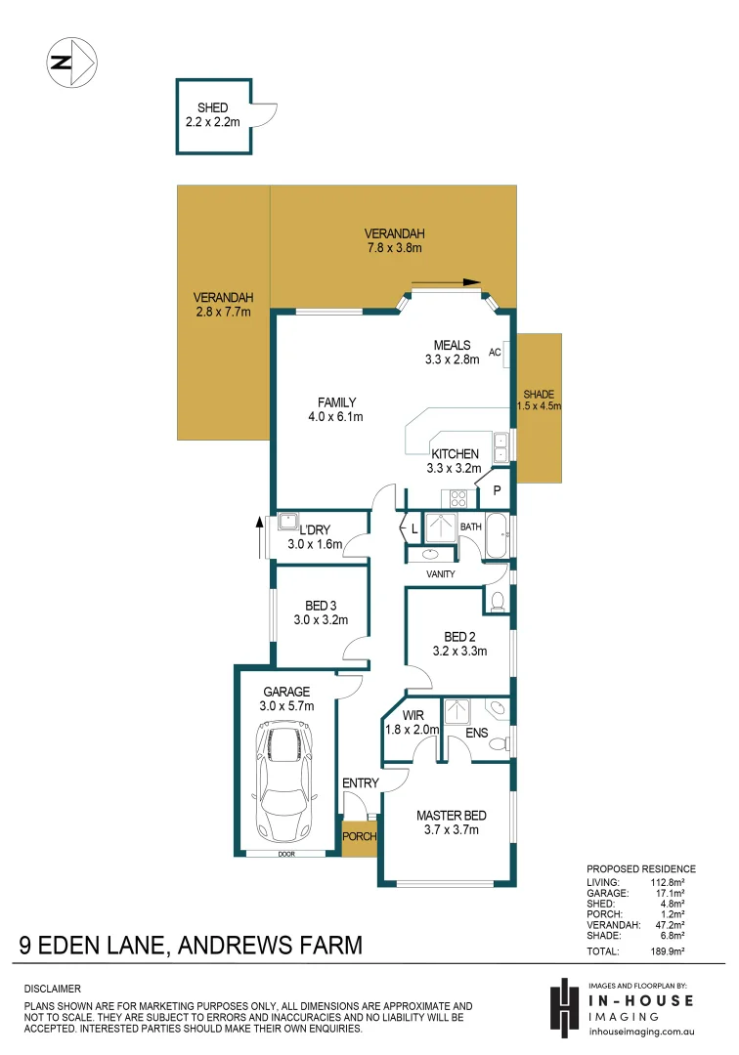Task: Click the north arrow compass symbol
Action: [x=71, y=63]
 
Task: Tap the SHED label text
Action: [x=212, y=108]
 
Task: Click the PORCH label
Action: [x=359, y=837]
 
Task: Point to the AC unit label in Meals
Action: [x=495, y=353]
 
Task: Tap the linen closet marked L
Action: [x=414, y=528]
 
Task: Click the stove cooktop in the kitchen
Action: [x=457, y=498]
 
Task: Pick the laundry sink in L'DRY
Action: [x=288, y=520]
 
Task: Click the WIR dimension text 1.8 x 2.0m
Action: [x=412, y=729]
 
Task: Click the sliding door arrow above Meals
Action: [x=447, y=284]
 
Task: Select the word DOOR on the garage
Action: [x=285, y=853]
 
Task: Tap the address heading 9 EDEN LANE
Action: [x=191, y=946]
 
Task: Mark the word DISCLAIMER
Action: [x=52, y=989]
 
